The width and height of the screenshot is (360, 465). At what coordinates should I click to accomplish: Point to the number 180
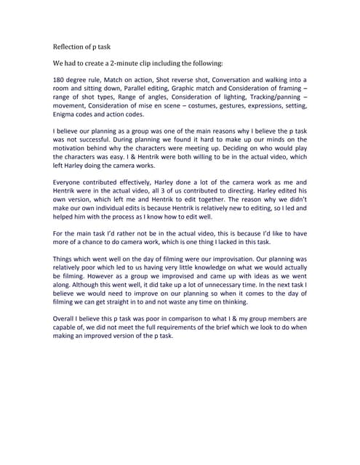tap(60, 80)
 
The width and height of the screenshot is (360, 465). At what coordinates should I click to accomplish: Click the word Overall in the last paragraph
tap(67, 319)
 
